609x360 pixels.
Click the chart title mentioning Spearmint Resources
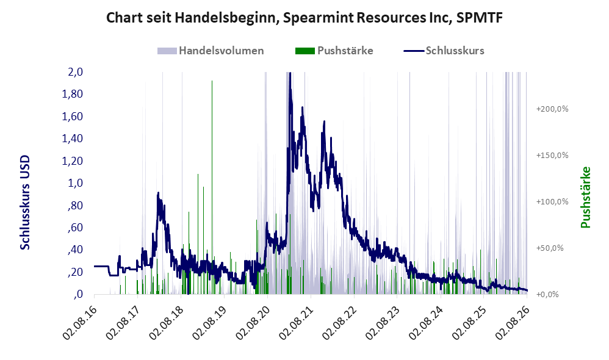[x=304, y=17]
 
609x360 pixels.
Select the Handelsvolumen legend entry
[x=211, y=51]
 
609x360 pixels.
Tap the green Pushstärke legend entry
[x=334, y=51]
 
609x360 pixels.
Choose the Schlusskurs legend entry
[x=444, y=51]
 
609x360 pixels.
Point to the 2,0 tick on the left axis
[x=75, y=72]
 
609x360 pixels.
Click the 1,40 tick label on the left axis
[x=72, y=139]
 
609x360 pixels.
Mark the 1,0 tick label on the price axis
[x=75, y=183]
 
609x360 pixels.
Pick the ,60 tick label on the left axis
[x=75, y=227]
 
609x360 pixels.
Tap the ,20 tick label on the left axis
[x=75, y=272]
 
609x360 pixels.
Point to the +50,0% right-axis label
[x=550, y=248]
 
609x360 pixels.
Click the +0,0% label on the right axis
[x=547, y=294]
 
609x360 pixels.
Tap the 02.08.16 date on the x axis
[x=79, y=319]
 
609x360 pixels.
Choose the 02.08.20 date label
[x=253, y=319]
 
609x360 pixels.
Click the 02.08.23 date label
[x=383, y=319]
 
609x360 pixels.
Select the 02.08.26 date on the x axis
[x=513, y=319]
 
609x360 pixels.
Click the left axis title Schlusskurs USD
[x=24, y=203]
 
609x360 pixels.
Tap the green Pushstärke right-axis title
[x=585, y=197]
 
